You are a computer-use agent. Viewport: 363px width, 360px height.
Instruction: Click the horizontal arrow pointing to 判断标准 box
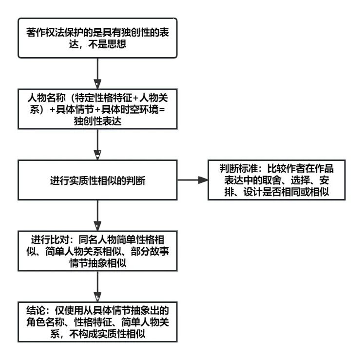click(x=192, y=180)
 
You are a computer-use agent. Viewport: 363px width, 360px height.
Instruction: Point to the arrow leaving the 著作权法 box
click(x=97, y=74)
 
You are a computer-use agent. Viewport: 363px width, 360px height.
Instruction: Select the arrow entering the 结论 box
click(x=97, y=286)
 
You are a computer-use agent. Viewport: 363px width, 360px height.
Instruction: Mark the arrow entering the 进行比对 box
click(x=97, y=215)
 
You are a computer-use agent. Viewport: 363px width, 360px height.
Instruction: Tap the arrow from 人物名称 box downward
click(x=97, y=144)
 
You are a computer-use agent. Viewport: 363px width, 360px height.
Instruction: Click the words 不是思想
click(x=107, y=44)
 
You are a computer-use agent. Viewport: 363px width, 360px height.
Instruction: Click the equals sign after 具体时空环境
click(x=162, y=109)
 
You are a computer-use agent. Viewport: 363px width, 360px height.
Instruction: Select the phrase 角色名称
click(x=45, y=322)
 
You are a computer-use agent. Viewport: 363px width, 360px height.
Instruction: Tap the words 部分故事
click(x=150, y=251)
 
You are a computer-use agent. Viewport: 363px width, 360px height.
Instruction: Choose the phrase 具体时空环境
click(x=130, y=109)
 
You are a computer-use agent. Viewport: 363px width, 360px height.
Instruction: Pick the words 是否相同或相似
click(x=296, y=192)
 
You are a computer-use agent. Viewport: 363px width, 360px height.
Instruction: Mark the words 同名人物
click(x=97, y=240)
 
